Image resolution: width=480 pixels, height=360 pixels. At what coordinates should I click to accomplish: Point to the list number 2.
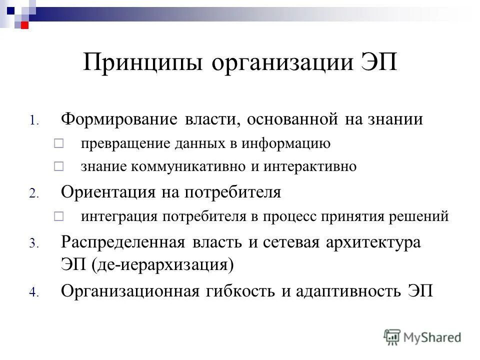(x=33, y=194)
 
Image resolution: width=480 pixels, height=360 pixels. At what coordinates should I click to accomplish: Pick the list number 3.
(x=33, y=244)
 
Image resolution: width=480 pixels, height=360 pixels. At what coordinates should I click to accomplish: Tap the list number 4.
(x=33, y=293)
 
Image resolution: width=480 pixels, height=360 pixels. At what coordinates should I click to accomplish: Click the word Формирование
(x=119, y=120)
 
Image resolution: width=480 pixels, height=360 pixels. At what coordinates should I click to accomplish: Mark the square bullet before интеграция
(x=58, y=216)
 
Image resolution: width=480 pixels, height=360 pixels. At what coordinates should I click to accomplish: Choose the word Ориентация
(x=112, y=193)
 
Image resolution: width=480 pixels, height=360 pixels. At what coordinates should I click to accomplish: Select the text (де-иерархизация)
(x=162, y=265)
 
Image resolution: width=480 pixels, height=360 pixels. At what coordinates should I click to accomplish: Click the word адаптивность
(x=345, y=291)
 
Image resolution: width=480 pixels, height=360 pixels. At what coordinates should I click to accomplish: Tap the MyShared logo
(x=422, y=337)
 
